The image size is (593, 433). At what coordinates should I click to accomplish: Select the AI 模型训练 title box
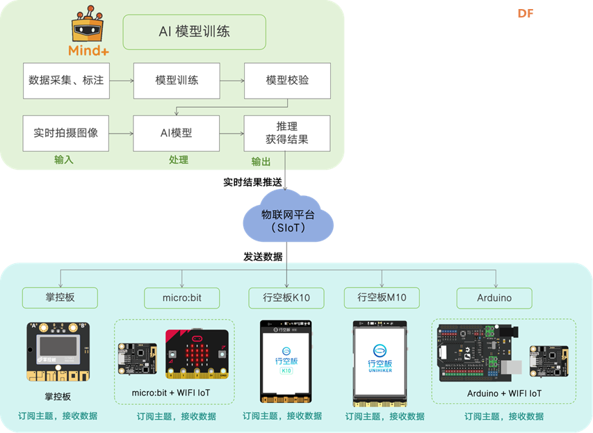click(194, 32)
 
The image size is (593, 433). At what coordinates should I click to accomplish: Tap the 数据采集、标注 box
click(66, 81)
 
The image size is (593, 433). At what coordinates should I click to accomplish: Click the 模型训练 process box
click(177, 81)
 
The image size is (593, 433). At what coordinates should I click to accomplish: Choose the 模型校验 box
click(287, 81)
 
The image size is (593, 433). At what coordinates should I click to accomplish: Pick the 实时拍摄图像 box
click(66, 133)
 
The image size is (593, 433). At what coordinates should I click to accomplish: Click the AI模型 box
click(177, 133)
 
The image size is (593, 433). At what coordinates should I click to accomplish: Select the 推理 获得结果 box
click(287, 133)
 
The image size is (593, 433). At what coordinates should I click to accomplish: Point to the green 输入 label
click(64, 160)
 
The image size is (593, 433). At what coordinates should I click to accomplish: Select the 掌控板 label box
click(60, 297)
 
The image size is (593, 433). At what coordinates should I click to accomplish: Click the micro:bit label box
click(181, 297)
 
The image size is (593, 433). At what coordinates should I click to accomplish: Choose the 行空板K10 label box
click(286, 297)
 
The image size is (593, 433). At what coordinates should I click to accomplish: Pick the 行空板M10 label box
click(382, 297)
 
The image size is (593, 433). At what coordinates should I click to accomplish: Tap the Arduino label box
click(494, 297)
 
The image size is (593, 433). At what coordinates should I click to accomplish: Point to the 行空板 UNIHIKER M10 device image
click(380, 362)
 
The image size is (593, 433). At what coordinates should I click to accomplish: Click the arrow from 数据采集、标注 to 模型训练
click(121, 81)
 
